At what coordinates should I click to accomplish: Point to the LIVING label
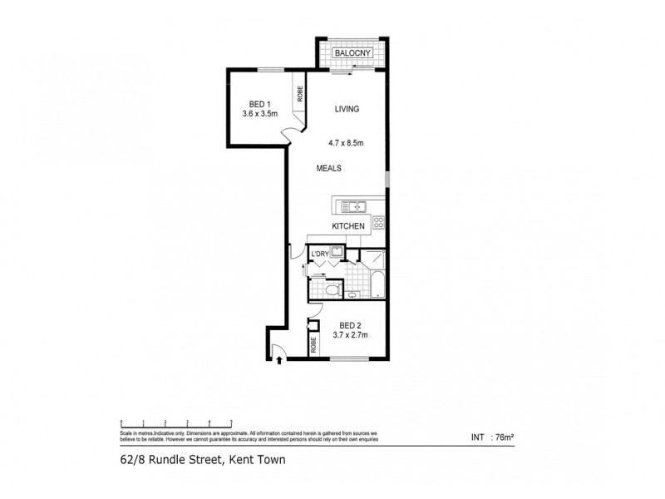tap(347, 109)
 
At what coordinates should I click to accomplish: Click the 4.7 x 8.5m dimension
tap(347, 142)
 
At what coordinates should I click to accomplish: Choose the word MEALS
tap(329, 169)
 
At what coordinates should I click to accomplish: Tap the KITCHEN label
tap(349, 225)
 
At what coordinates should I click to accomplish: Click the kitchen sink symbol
tap(355, 206)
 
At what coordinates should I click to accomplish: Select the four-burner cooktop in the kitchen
tap(378, 222)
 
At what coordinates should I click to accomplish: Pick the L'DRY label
tap(318, 253)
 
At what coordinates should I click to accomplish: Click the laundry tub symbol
tap(337, 253)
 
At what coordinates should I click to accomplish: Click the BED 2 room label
tap(349, 325)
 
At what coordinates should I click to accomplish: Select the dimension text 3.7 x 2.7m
tap(349, 335)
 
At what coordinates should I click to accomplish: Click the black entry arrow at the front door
tap(278, 359)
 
